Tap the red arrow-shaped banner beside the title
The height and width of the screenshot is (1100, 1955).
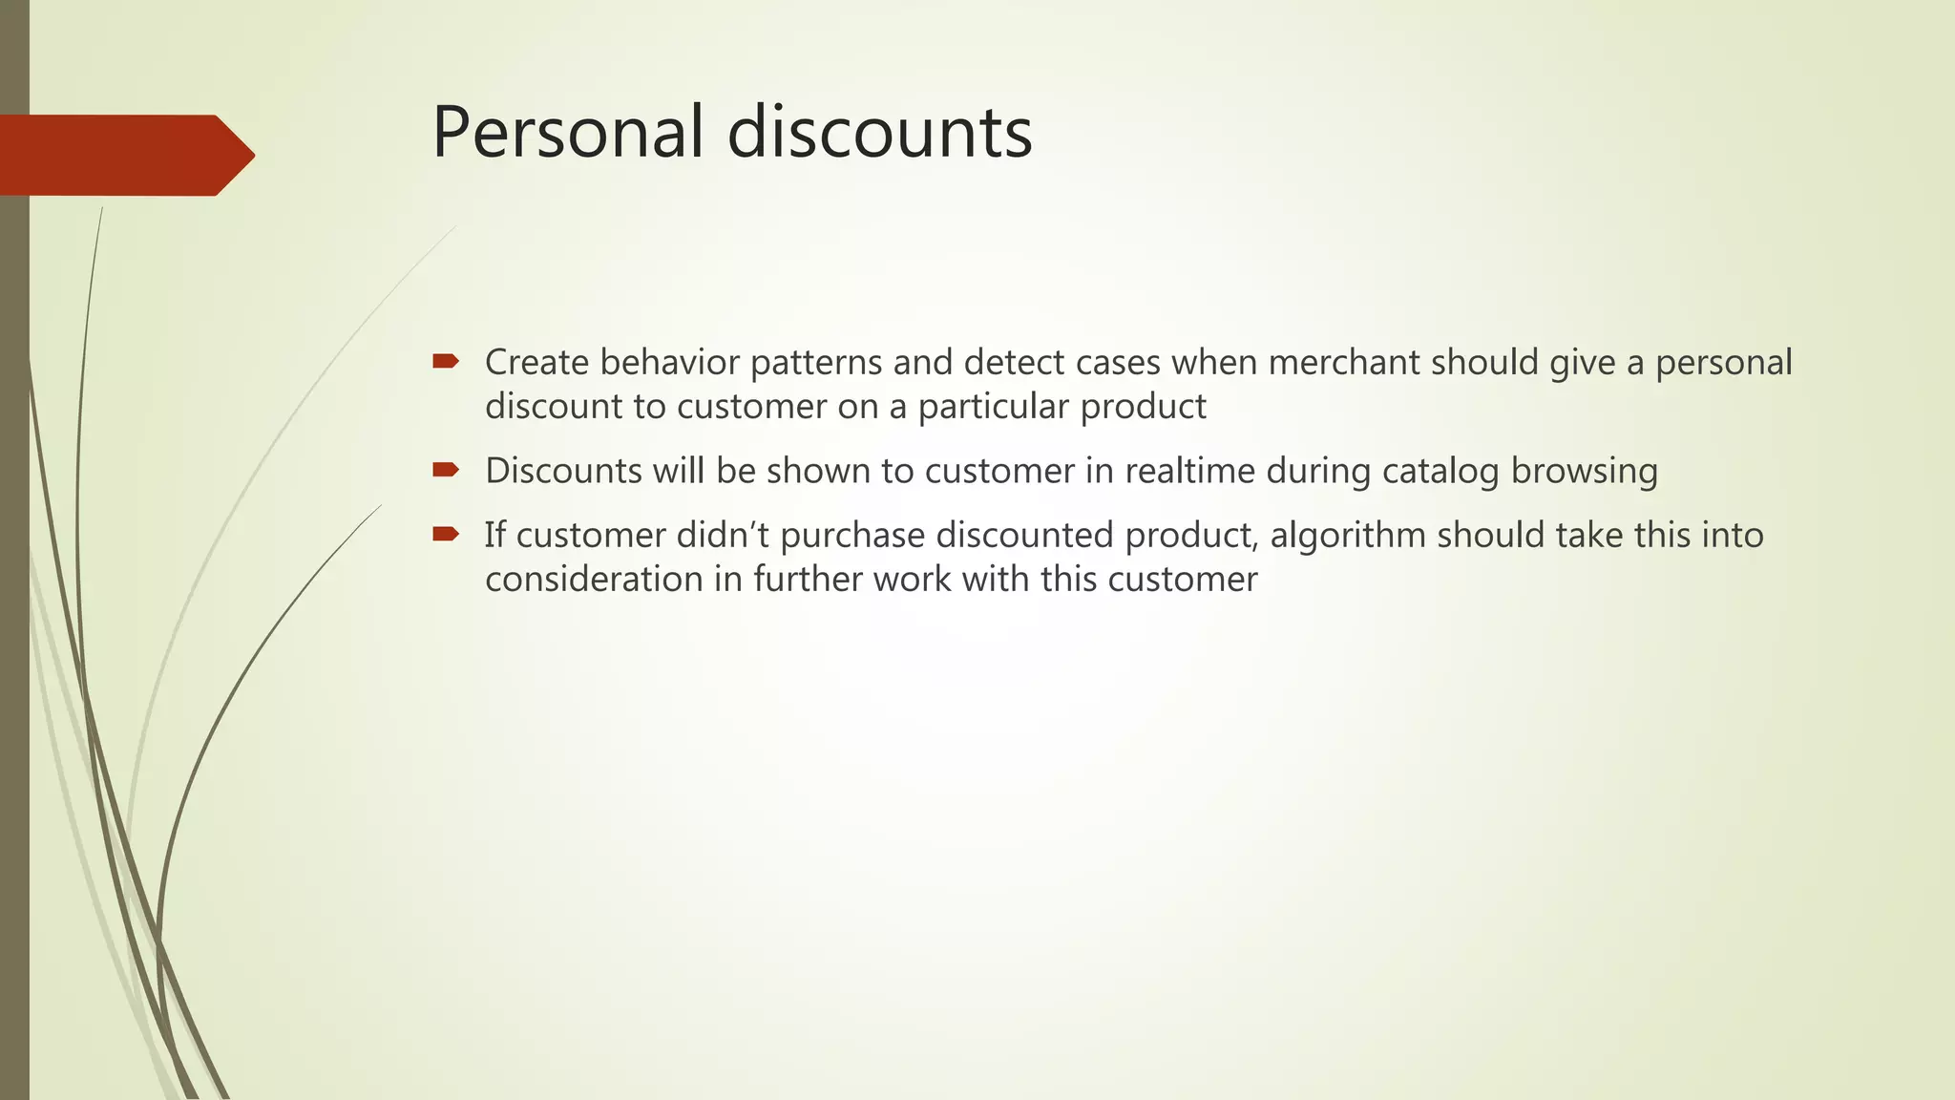124,155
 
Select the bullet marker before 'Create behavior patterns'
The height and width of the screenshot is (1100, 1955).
446,361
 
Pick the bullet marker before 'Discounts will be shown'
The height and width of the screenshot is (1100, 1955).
446,470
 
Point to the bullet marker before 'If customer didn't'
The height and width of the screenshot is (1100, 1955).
446,534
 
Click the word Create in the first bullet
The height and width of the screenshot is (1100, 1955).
536,363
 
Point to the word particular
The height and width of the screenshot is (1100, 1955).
993,408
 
